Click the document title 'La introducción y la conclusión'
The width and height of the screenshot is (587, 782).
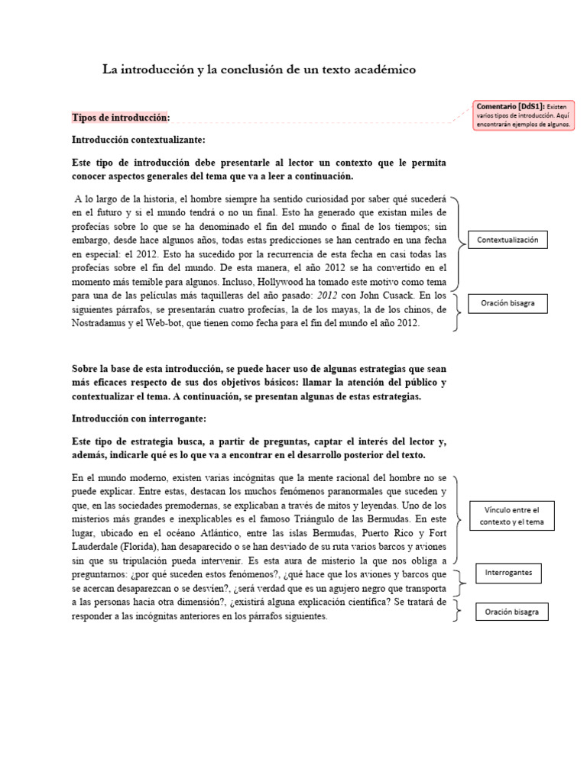[259, 69]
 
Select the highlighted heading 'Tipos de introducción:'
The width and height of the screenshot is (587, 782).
[121, 118]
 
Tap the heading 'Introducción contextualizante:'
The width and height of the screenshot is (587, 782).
[138, 141]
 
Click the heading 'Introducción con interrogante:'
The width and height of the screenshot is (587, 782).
[138, 419]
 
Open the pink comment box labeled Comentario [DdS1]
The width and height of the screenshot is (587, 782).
[524, 115]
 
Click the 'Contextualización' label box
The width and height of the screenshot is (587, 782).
[508, 240]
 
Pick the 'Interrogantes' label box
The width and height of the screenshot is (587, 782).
[508, 572]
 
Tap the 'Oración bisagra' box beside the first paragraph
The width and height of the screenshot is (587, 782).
[508, 303]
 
